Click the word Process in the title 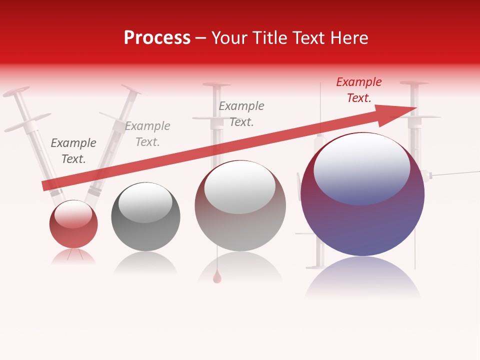coord(157,38)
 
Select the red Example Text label coord(359,90)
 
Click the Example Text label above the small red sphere coord(73,151)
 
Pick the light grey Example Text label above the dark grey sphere coord(147,134)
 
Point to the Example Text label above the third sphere coord(241,114)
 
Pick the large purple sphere coord(362,220)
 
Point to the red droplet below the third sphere coord(217,277)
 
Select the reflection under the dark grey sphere coord(145,263)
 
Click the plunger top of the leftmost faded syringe coord(16,92)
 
